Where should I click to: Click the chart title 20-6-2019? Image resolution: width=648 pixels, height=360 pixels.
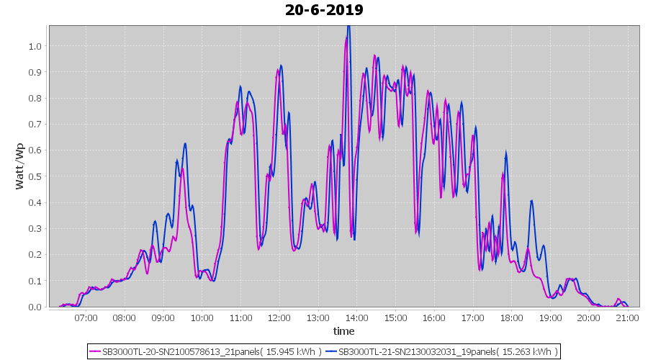pos(324,10)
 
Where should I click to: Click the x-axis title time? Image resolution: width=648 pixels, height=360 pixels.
pos(343,331)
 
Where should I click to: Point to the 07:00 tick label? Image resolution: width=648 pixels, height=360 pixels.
pos(86,317)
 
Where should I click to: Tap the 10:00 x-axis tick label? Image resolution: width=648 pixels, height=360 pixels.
pos(202,317)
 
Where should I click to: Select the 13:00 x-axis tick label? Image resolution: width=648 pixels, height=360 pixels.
pos(318,317)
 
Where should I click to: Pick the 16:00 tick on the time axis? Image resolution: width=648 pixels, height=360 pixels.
pos(434,317)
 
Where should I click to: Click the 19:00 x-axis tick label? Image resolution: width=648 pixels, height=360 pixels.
pos(550,317)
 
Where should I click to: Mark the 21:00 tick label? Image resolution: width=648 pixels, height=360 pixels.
pos(628,317)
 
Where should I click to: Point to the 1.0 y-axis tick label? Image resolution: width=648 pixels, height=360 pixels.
pos(35,46)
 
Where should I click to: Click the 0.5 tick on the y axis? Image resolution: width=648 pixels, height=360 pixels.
pos(35,176)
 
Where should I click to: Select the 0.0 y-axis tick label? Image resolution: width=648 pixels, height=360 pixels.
pos(35,307)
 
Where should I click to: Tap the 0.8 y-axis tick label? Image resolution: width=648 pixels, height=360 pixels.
pos(35,98)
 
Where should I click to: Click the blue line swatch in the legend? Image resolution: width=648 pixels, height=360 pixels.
pos(330,351)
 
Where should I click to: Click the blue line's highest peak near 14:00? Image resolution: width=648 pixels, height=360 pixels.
pos(349,27)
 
